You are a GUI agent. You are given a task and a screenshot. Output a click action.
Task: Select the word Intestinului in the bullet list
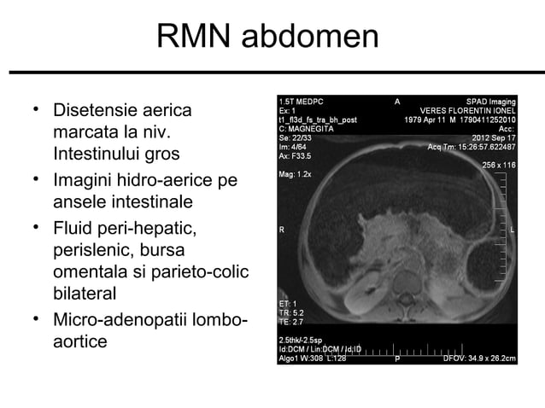(x=102, y=156)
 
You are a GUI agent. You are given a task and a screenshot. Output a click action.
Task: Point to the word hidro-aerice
(x=167, y=181)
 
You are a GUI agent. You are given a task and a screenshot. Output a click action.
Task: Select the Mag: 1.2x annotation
(x=296, y=173)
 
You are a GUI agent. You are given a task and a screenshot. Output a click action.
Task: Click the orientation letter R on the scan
(x=282, y=230)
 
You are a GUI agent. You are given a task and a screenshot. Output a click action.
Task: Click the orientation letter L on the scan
(x=512, y=230)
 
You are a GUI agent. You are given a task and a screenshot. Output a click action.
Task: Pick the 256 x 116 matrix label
(x=499, y=165)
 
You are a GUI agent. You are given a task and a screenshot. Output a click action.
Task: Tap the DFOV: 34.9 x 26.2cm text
(x=479, y=358)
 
